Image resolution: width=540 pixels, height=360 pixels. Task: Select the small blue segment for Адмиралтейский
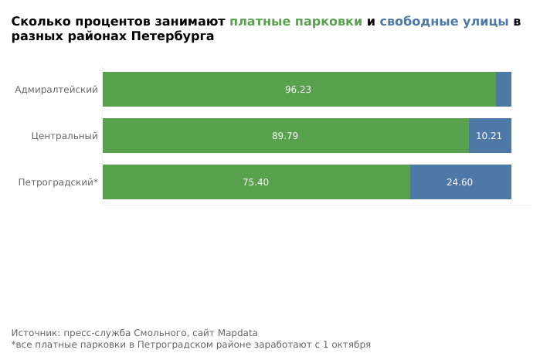(504, 89)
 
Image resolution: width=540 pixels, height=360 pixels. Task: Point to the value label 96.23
(298, 90)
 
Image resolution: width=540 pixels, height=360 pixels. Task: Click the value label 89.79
(285, 136)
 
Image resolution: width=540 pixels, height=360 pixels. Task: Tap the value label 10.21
(489, 136)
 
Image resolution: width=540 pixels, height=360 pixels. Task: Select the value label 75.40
(256, 182)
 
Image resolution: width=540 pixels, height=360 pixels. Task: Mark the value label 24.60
(460, 182)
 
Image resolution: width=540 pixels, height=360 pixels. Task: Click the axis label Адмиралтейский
(56, 90)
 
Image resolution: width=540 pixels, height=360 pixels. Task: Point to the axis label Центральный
(65, 136)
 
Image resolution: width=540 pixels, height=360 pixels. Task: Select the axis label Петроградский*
(58, 182)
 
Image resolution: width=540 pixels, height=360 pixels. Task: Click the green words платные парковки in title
(296, 22)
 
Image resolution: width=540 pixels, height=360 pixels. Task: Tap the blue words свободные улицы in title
(444, 22)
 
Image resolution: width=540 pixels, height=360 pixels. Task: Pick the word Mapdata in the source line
(238, 333)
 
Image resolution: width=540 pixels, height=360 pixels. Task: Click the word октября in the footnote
(351, 345)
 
